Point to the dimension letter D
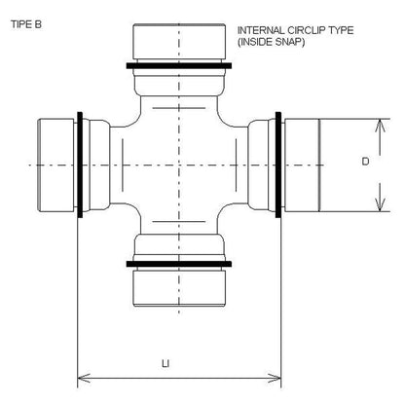[x=364, y=163]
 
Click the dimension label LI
[x=166, y=364]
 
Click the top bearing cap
[x=179, y=43]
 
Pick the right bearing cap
[x=304, y=166]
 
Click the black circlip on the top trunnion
[x=179, y=67]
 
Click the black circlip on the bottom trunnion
[x=179, y=262]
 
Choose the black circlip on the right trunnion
[x=278, y=166]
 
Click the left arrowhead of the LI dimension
[x=82, y=376]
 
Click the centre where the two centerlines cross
[x=179, y=166]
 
